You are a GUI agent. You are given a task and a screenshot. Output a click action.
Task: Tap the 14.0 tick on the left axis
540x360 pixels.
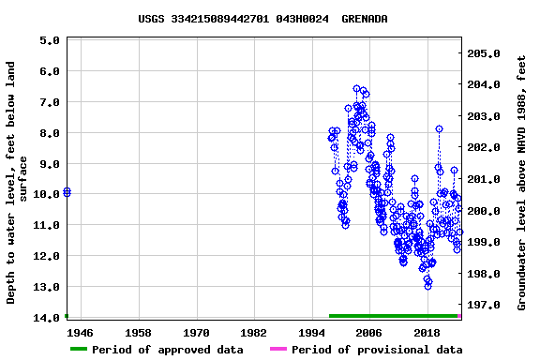pos(47,318)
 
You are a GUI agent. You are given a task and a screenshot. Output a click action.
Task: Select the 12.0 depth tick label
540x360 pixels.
pos(47,256)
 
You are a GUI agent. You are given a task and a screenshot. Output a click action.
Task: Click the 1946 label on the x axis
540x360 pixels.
pos(81,333)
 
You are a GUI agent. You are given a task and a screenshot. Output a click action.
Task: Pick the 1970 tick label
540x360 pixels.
pos(196,333)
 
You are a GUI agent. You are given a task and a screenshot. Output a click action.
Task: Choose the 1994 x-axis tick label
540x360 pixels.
pos(311,333)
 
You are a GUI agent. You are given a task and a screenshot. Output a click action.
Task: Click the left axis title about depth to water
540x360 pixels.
pos(18,183)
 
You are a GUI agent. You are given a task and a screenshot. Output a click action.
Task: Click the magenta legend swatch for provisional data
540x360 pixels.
pos(277,350)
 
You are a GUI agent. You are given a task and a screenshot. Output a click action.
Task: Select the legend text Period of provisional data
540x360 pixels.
pos(377,350)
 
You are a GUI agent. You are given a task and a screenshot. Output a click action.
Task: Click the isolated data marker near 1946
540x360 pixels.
pos(67,192)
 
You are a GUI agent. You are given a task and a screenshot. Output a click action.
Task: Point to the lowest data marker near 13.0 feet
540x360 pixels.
pos(427,285)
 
